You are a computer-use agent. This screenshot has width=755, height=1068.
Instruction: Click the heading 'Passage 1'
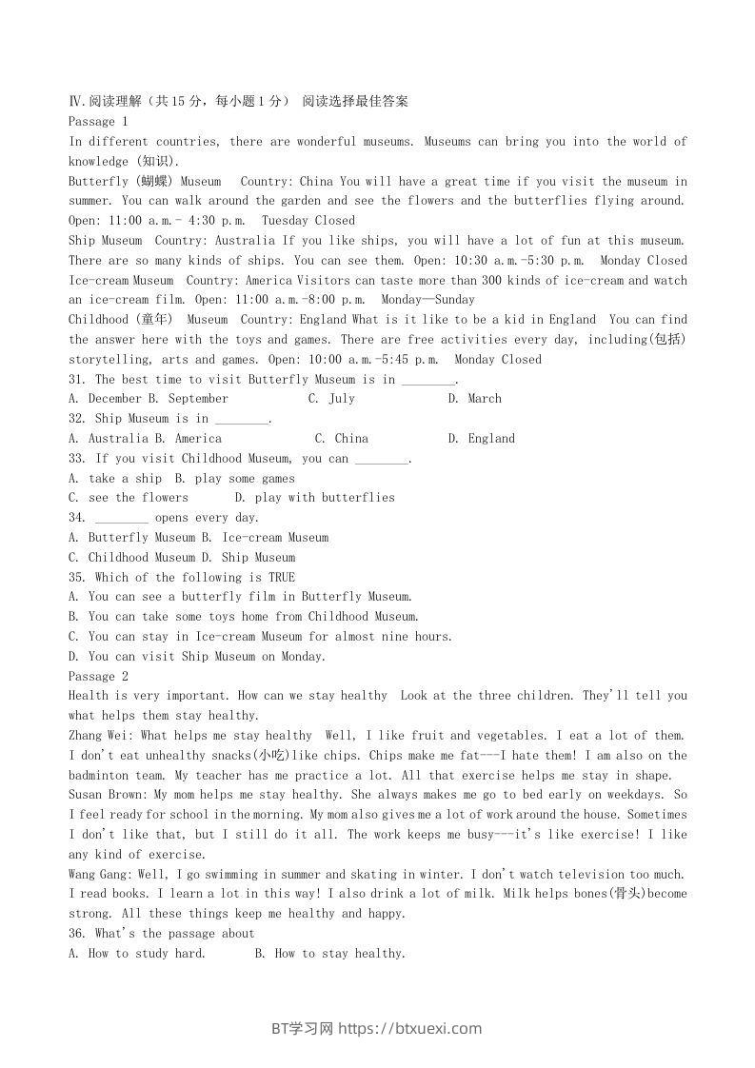point(98,122)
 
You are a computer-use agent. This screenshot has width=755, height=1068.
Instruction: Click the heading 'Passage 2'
point(98,676)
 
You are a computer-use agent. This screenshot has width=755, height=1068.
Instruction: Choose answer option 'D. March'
point(474,399)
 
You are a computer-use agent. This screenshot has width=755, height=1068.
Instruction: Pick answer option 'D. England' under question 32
point(481,439)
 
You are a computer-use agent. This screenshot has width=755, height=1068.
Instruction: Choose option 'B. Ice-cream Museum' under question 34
point(265,538)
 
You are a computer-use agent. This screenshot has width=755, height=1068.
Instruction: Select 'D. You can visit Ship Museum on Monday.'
point(197,657)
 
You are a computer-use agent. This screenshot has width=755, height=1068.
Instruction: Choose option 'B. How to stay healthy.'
point(330,954)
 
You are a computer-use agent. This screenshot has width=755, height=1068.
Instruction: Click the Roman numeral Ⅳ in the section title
point(75,102)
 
